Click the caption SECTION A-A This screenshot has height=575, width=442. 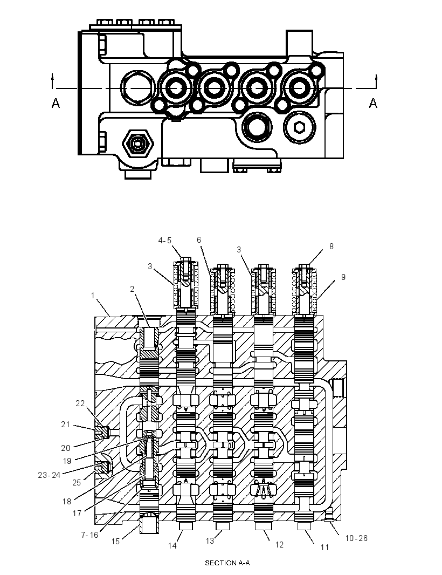click(x=227, y=563)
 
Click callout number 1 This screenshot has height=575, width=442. click(x=93, y=295)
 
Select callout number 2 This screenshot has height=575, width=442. click(x=132, y=289)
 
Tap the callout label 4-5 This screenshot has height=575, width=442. click(x=164, y=241)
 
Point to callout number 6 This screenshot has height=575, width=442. click(x=199, y=240)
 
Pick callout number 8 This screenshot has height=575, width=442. click(x=331, y=247)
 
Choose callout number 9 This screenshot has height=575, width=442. click(x=343, y=277)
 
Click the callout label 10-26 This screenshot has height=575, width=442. click(x=356, y=538)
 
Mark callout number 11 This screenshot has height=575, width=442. click(x=324, y=547)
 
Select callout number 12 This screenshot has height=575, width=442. click(x=279, y=545)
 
